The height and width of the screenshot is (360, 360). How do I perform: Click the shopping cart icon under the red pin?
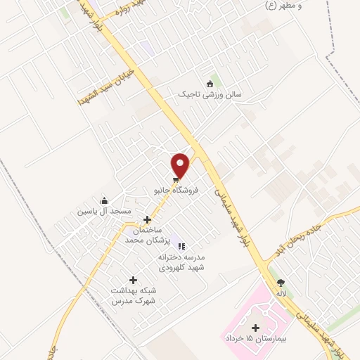176,179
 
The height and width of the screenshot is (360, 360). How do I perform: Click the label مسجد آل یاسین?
104,212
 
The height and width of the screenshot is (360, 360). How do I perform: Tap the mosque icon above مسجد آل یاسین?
104,201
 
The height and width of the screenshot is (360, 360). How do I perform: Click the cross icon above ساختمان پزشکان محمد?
147,219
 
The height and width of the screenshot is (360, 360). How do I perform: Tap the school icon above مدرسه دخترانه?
181,246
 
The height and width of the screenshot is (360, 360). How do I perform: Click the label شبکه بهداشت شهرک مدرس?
133,295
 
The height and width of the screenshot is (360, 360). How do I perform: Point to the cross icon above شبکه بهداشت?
133,280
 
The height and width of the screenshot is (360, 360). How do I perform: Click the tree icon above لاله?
281,282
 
